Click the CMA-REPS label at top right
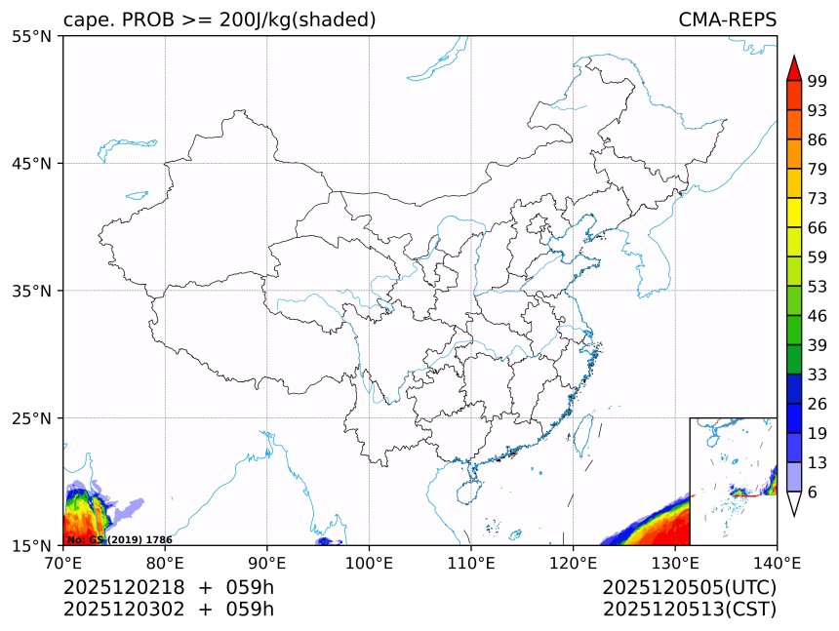click(727, 20)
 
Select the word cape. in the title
click(88, 20)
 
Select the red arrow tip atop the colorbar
click(793, 66)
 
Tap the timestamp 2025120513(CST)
click(689, 610)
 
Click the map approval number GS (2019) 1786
click(119, 539)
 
